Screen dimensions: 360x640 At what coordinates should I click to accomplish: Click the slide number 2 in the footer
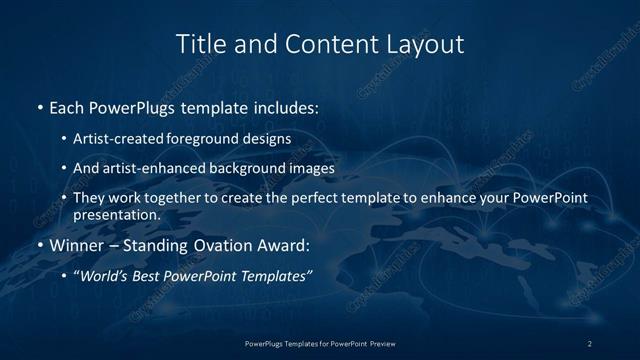(589, 343)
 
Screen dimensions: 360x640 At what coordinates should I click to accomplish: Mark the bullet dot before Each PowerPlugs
(38, 106)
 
